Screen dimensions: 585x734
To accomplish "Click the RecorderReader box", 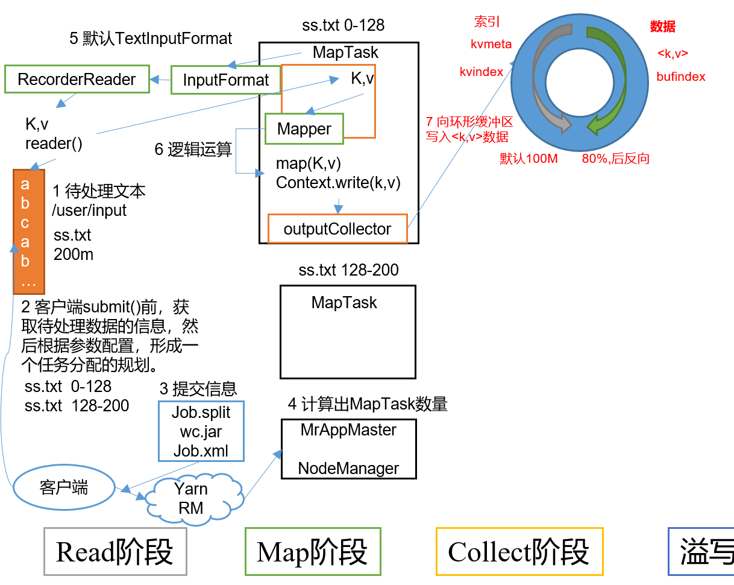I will (x=77, y=79).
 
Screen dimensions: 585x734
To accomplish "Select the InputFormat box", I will (x=226, y=80).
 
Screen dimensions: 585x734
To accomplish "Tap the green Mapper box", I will (x=304, y=129).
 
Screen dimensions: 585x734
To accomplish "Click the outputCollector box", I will (x=337, y=229).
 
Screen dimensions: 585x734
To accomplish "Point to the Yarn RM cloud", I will (x=191, y=498).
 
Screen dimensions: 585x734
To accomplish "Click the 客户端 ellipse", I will (x=64, y=487).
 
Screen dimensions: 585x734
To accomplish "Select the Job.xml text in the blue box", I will (x=201, y=451).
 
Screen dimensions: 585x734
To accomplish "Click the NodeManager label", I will (x=348, y=469).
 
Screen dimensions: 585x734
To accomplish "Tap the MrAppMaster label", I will (x=348, y=430).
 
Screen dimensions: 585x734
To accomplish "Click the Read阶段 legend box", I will (x=115, y=551).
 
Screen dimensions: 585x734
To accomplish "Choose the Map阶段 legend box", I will (x=313, y=551).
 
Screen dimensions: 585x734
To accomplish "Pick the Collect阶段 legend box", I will (x=519, y=551).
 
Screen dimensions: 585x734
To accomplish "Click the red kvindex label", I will (x=481, y=72).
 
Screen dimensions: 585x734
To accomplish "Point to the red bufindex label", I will (x=681, y=77).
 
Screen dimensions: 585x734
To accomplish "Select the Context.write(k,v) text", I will (x=338, y=183).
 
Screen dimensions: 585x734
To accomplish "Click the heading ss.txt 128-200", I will (x=348, y=270).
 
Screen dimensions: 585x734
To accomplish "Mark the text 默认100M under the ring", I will (x=529, y=159).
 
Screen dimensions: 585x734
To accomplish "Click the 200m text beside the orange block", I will (x=74, y=255).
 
